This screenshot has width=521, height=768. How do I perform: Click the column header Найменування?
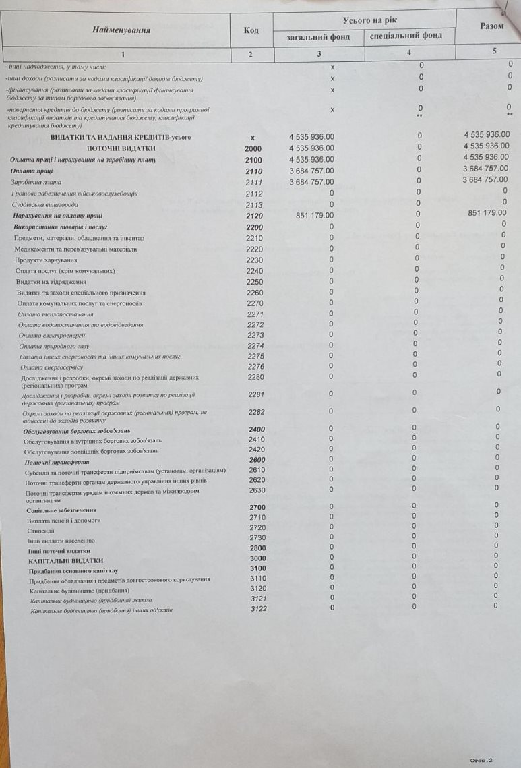(x=121, y=30)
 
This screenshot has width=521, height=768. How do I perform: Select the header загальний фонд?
(x=319, y=36)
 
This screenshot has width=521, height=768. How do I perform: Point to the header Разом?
(x=491, y=26)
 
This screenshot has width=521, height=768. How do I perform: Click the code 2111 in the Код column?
(x=254, y=182)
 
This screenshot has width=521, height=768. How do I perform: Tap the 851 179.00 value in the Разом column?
(x=486, y=213)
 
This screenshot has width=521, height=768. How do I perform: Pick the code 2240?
(x=255, y=270)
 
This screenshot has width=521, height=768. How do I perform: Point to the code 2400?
(x=257, y=430)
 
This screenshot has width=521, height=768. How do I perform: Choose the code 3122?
(x=258, y=609)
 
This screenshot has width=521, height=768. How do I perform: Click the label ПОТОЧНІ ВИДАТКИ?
(x=121, y=148)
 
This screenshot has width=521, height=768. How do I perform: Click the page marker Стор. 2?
(x=481, y=759)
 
